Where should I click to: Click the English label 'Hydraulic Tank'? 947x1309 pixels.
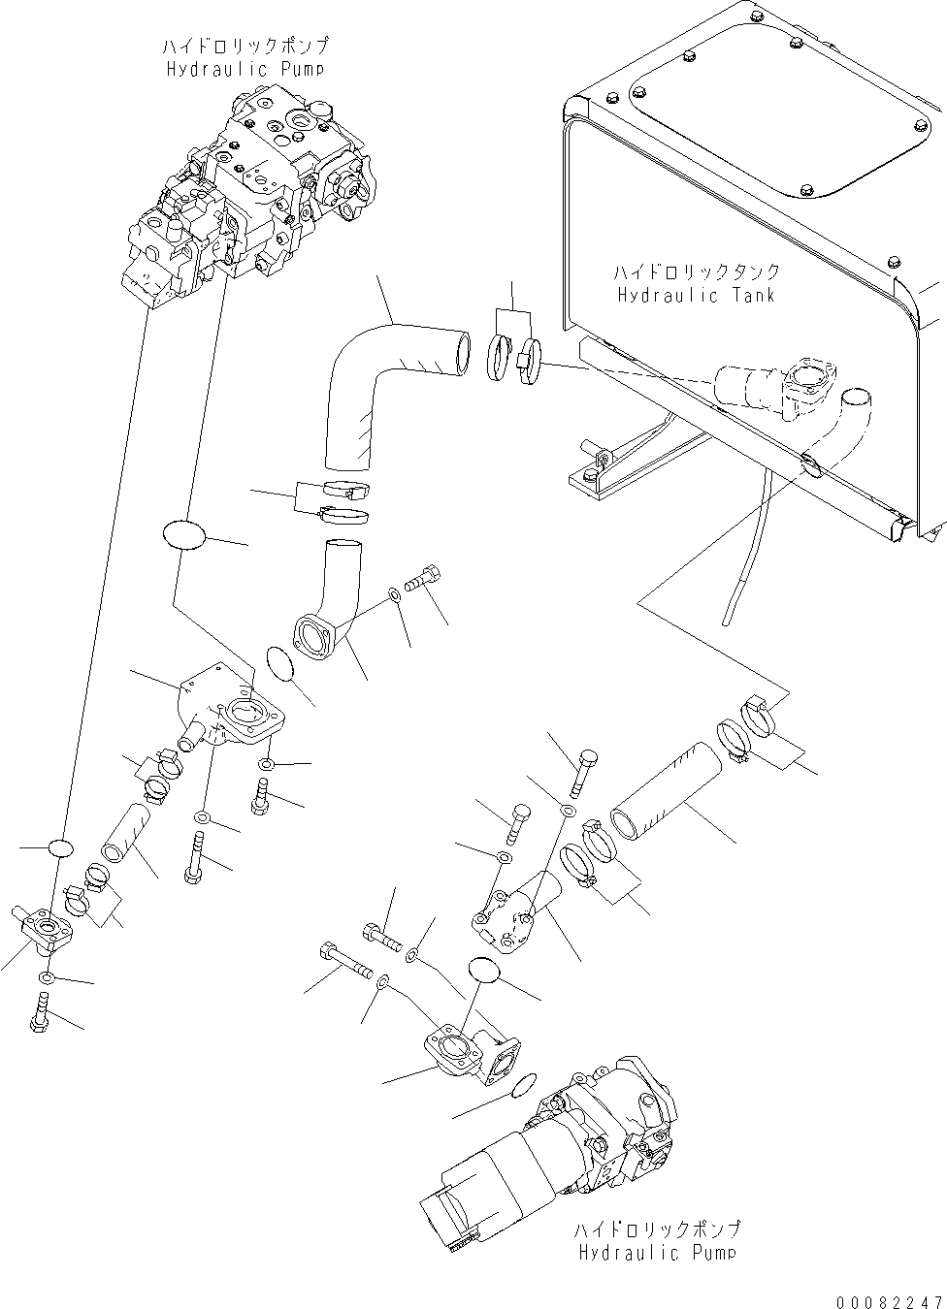(696, 295)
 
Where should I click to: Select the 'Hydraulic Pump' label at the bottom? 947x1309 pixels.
(657, 1253)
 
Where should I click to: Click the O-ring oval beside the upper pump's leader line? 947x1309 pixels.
(183, 536)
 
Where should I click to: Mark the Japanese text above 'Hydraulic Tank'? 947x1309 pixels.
(696, 272)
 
